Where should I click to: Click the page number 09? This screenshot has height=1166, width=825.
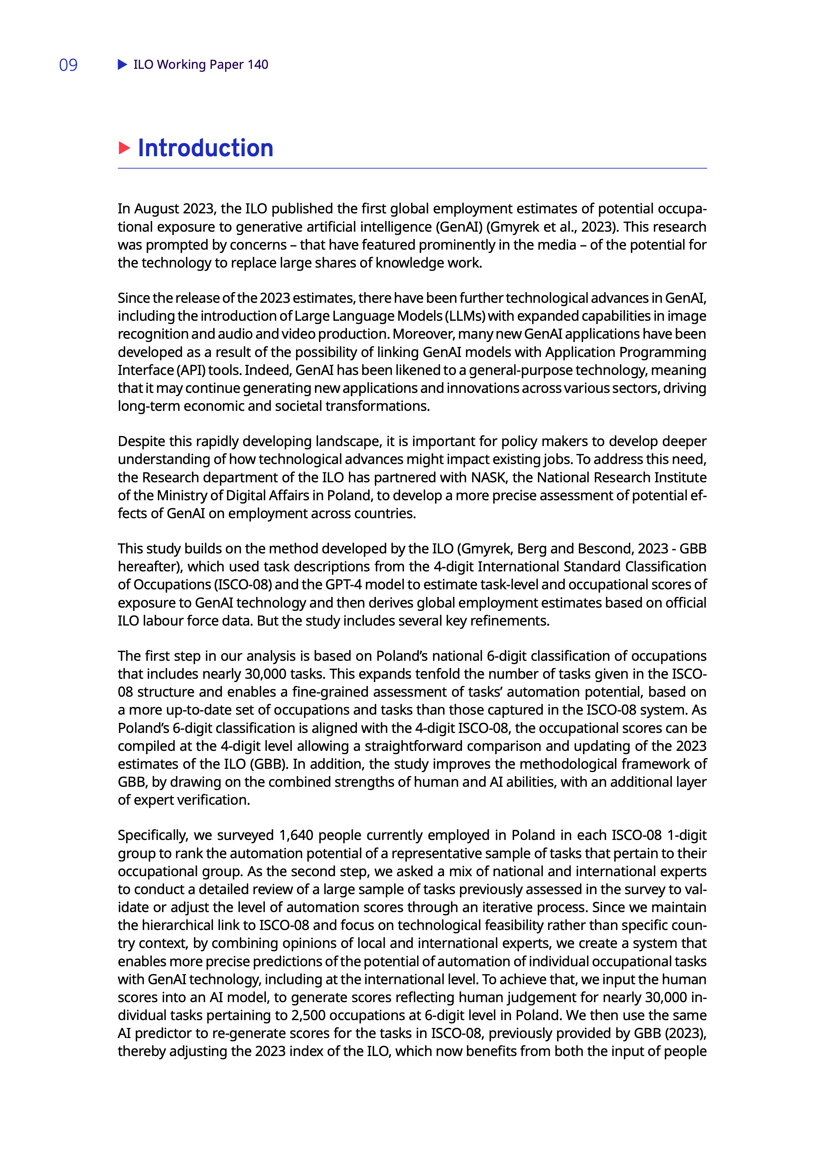[68, 65]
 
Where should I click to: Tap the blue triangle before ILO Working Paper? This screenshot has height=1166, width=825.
[122, 64]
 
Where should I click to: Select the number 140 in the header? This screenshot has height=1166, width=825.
[258, 64]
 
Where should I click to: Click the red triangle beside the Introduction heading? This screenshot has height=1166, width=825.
[124, 148]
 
